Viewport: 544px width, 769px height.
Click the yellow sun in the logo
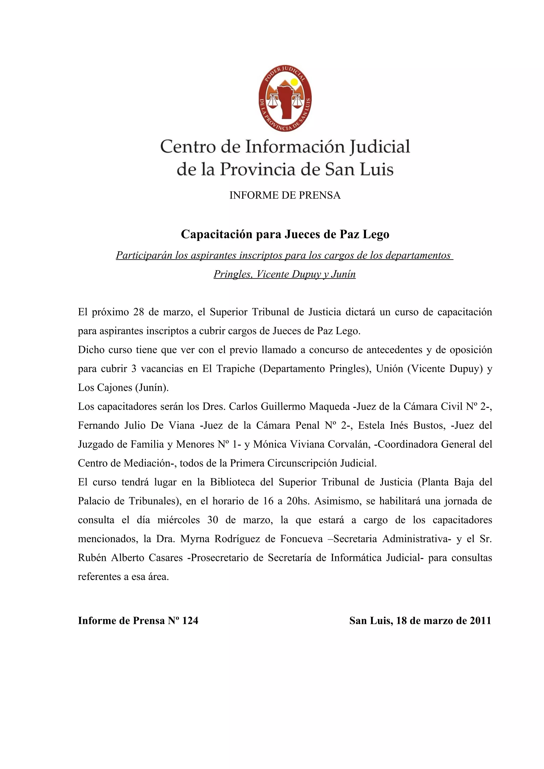coord(294,82)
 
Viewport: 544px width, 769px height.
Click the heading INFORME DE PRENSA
coord(284,195)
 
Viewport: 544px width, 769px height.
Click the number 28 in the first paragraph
coord(138,312)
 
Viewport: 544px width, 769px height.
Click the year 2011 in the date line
coord(480,621)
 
